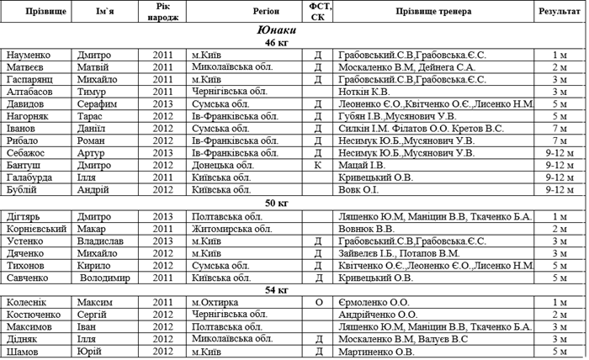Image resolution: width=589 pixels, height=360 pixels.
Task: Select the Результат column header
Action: click(x=559, y=12)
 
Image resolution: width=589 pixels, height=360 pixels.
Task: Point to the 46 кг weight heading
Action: click(x=276, y=42)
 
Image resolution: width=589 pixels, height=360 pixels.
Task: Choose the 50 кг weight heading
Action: click(x=276, y=203)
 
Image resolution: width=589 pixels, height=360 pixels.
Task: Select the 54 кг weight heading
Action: click(x=276, y=289)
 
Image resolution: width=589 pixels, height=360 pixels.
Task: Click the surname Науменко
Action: click(x=31, y=55)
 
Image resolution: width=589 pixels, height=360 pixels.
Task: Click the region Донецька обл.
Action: click(x=222, y=166)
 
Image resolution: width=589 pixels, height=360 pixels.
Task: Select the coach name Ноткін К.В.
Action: click(x=363, y=91)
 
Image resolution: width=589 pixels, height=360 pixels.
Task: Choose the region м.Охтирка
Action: click(x=218, y=302)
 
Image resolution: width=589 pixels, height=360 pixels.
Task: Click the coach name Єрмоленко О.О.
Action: click(x=374, y=302)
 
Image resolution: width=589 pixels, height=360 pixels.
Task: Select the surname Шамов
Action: click(x=23, y=352)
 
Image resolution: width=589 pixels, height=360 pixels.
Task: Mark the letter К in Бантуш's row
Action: click(x=318, y=166)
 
